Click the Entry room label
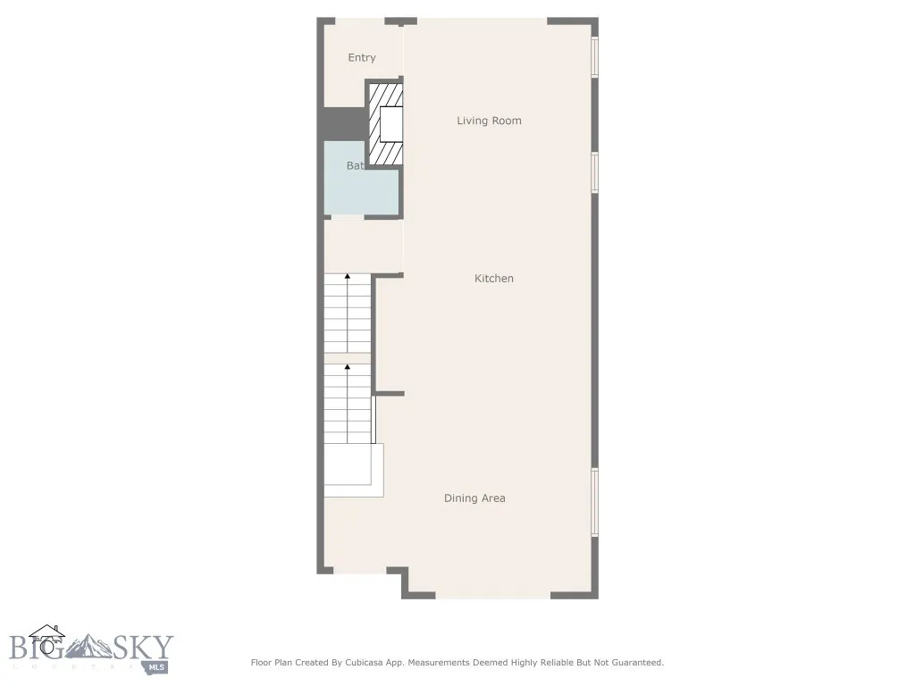coord(362,58)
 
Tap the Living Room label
coord(489,121)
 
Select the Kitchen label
coord(493,279)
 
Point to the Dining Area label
coord(474,498)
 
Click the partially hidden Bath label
coord(355,166)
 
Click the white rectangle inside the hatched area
coord(391,124)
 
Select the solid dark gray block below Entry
coord(342,124)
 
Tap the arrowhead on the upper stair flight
coord(348,278)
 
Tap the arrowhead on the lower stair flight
coord(348,366)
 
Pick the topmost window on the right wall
coord(594,57)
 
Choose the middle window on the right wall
coord(594,171)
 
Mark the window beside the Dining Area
coord(594,502)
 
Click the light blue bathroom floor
coord(360,192)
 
